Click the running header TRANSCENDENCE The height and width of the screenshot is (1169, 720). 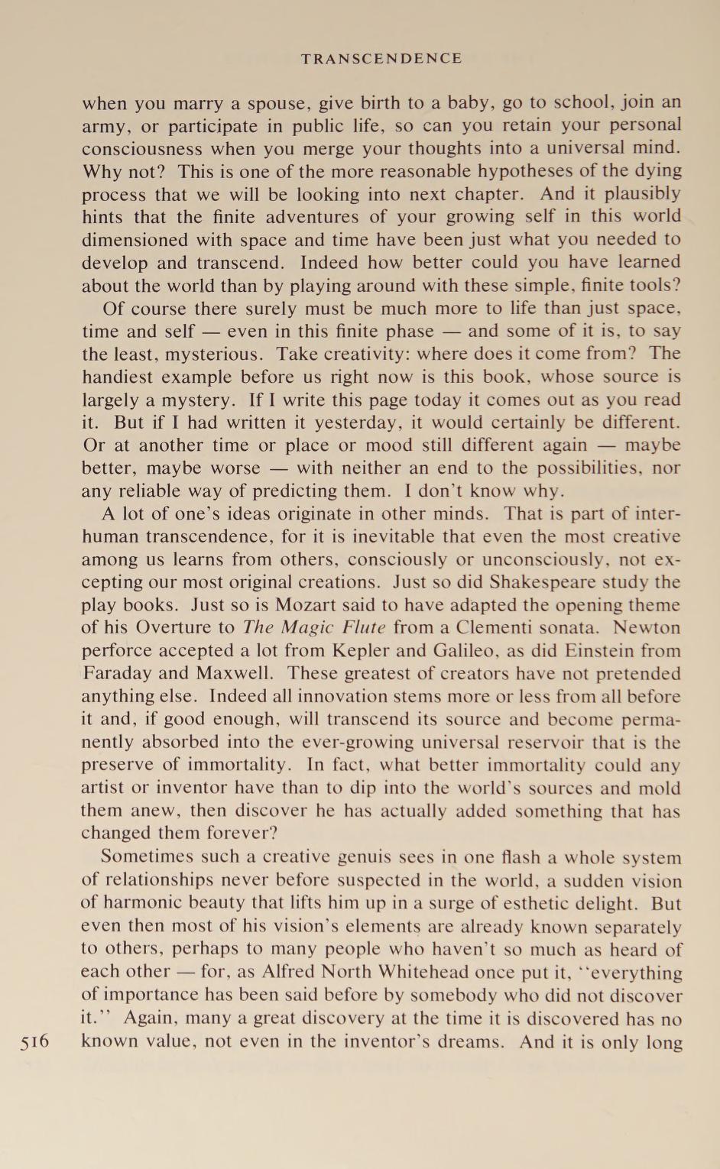pos(381,59)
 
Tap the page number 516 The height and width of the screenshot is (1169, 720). pos(35,1041)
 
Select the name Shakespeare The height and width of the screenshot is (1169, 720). pos(550,581)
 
